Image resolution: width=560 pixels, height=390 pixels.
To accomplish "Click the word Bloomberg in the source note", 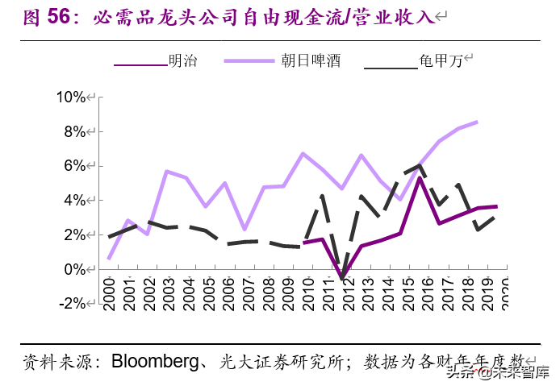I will (x=155, y=360).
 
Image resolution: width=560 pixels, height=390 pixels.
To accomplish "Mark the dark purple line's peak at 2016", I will (x=420, y=178).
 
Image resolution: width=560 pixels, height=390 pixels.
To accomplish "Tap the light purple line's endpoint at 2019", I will (x=478, y=122).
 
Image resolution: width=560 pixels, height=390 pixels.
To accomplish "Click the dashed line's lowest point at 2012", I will (x=342, y=278).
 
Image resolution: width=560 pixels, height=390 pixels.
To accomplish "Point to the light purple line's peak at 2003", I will (x=166, y=171).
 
